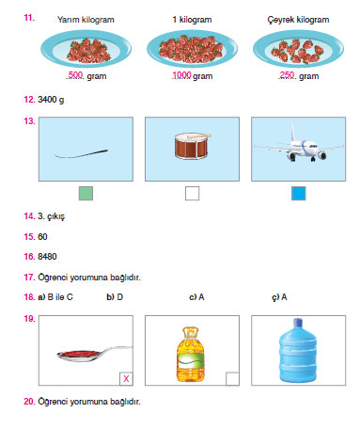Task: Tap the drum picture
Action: (x=193, y=147)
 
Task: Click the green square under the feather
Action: (x=86, y=194)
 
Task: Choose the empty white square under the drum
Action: (x=193, y=194)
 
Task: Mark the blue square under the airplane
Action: (x=298, y=194)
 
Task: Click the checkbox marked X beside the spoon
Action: (x=126, y=378)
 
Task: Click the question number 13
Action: (x=28, y=121)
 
